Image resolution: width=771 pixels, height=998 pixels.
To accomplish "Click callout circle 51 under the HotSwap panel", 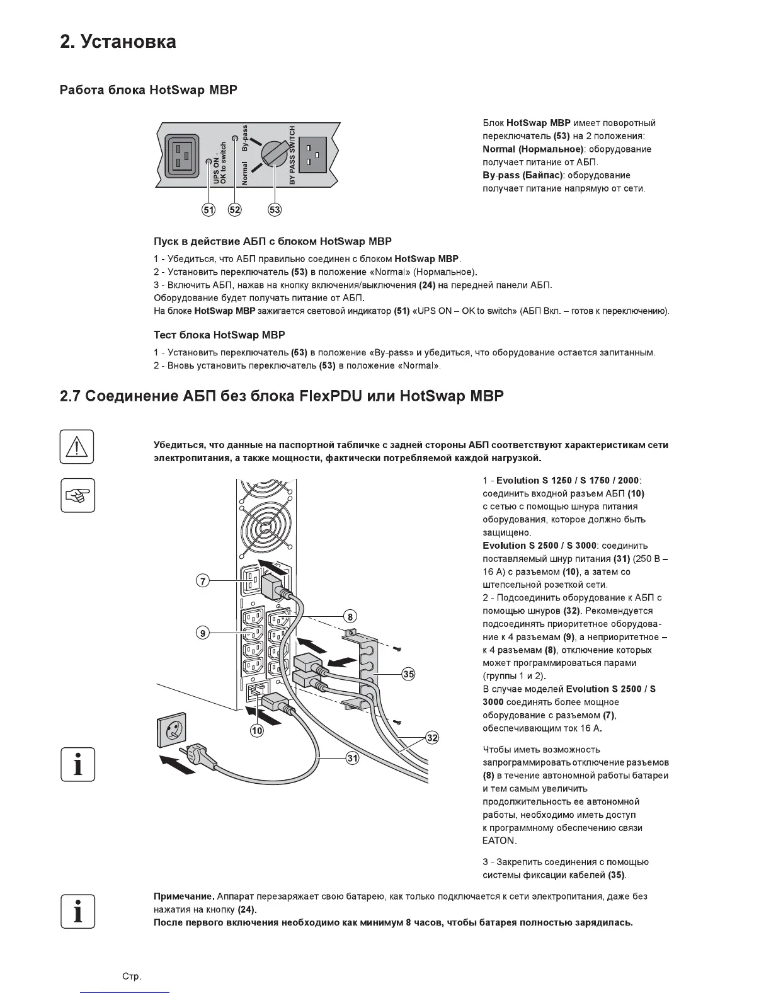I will (x=208, y=210).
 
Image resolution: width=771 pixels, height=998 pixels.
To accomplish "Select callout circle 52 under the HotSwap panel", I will (x=235, y=210).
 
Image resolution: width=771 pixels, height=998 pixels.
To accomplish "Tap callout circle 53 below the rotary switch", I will (x=275, y=210).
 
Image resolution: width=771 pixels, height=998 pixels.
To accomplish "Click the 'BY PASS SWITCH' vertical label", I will (x=292, y=155).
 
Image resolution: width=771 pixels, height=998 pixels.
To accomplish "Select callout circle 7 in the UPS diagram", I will (x=203, y=581).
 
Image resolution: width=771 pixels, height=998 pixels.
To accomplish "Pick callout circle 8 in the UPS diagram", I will (x=350, y=616).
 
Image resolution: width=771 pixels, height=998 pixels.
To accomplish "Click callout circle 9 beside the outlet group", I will (x=203, y=633).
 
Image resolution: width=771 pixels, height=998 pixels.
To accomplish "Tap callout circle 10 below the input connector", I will (x=257, y=731).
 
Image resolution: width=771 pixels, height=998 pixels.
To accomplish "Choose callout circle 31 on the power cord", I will (x=352, y=759).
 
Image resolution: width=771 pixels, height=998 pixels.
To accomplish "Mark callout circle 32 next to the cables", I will (x=432, y=738).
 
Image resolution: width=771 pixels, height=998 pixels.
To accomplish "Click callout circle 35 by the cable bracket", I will (x=409, y=674).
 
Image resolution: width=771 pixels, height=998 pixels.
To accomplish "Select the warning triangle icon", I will (x=77, y=447).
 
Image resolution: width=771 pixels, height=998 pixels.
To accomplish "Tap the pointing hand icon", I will (x=77, y=495).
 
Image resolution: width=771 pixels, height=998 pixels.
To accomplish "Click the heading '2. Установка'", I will (x=118, y=42).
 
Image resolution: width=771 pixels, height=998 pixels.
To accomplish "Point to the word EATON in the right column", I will (x=499, y=841).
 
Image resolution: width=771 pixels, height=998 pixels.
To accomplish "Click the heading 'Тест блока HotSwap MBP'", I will (x=219, y=335).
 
